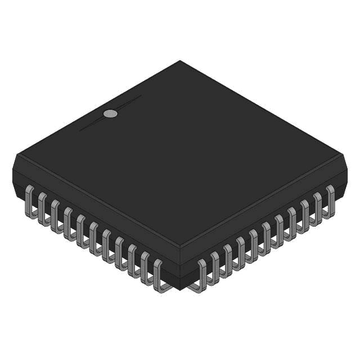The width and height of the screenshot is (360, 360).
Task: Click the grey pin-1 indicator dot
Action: pos(111,114)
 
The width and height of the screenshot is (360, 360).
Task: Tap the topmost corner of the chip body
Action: pos(180,61)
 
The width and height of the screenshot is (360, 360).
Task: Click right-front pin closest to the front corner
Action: pos(201,274)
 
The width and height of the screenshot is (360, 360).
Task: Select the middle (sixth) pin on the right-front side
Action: pos(265,236)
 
